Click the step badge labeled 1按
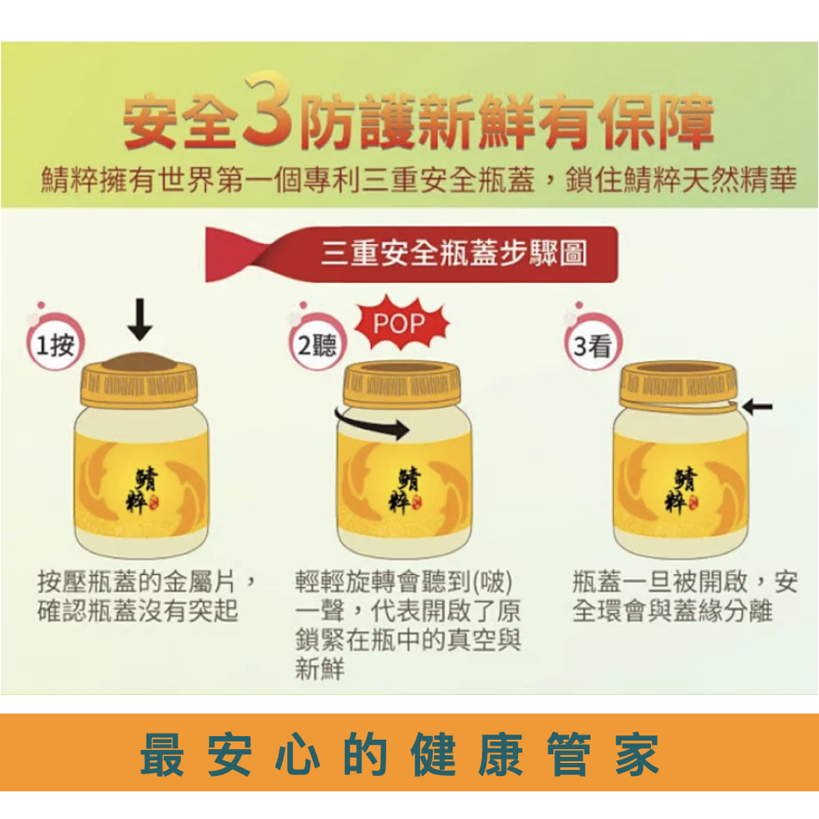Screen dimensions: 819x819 pos(55,342)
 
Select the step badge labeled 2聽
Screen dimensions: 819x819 pos(316,342)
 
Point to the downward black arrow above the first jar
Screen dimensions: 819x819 pos(140,319)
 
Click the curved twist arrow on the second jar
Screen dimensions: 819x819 pos(372,423)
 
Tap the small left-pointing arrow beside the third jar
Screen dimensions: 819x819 pos(757,406)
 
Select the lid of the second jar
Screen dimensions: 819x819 pos(402,384)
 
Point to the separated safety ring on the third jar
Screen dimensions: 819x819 pos(679,406)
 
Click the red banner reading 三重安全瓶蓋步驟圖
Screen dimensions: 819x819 pos(411,254)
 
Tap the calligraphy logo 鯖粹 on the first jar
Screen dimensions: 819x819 pos(142,491)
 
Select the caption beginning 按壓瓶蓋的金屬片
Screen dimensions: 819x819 pos(147,597)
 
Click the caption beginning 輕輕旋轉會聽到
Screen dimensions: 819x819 pos(408,625)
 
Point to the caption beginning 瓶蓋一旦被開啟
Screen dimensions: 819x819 pos(685,597)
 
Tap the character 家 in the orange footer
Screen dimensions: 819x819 pos(637,754)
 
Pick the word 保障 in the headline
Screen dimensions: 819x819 pos(657,122)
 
